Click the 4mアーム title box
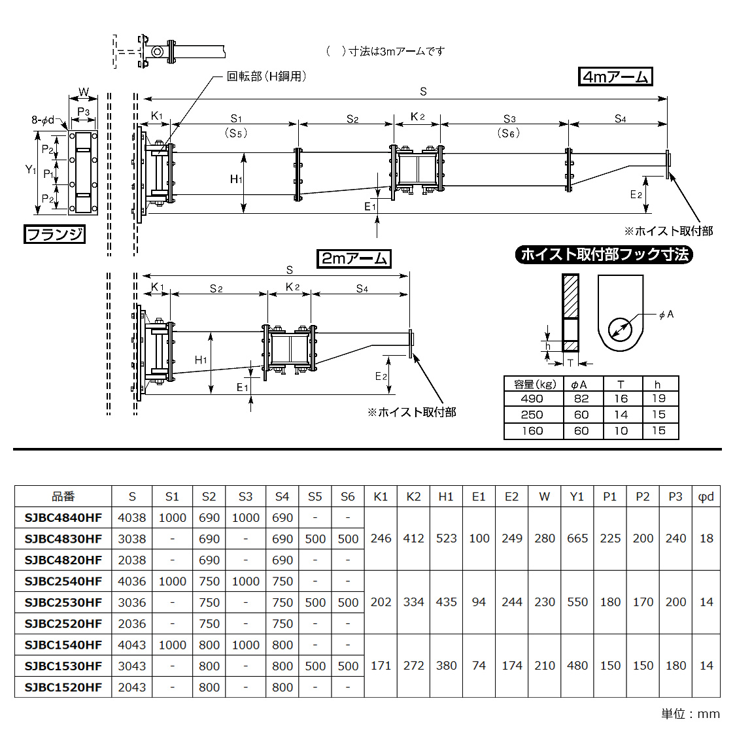(x=615, y=77)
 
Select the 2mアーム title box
(x=354, y=258)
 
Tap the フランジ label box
(x=55, y=234)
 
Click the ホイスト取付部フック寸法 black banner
(x=604, y=254)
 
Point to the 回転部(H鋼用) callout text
(x=266, y=77)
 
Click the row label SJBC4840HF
(x=63, y=518)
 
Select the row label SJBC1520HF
(x=63, y=687)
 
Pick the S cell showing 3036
(x=132, y=602)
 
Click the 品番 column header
(x=63, y=497)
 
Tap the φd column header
(x=706, y=497)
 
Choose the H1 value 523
(x=446, y=538)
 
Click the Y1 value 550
(x=577, y=602)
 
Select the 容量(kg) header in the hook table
(x=534, y=385)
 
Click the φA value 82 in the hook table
(x=581, y=399)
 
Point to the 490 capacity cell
(x=532, y=399)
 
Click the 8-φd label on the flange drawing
(x=43, y=120)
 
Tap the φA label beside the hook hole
(x=666, y=315)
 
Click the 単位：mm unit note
(x=690, y=713)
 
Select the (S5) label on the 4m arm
(x=236, y=133)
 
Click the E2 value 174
(x=512, y=666)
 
